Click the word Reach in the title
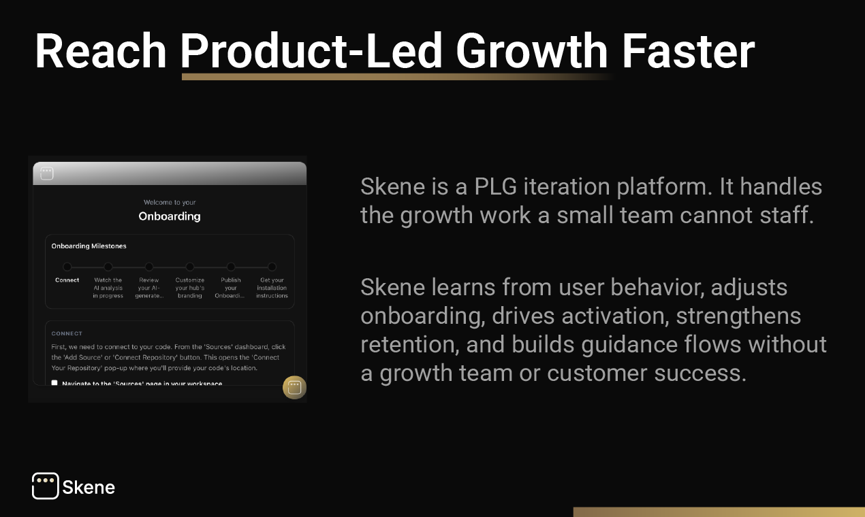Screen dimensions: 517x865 [101, 51]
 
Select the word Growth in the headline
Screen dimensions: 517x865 [532, 51]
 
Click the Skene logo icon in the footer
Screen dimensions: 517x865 [45, 486]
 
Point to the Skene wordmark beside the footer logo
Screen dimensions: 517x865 [89, 487]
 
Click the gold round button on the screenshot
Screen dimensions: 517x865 [294, 387]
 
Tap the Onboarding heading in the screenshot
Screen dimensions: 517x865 [170, 216]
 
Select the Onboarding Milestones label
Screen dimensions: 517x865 [89, 246]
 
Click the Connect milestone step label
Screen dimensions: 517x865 [67, 280]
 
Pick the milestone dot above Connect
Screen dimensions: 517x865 [67, 267]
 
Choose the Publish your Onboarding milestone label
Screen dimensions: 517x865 [231, 288]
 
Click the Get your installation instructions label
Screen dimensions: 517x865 [272, 288]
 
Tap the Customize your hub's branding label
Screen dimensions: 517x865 [190, 288]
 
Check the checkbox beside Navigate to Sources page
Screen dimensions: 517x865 [54, 383]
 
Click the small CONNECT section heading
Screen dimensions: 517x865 [67, 333]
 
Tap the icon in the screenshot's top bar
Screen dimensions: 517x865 [46, 173]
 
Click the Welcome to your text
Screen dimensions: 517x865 [170, 202]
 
